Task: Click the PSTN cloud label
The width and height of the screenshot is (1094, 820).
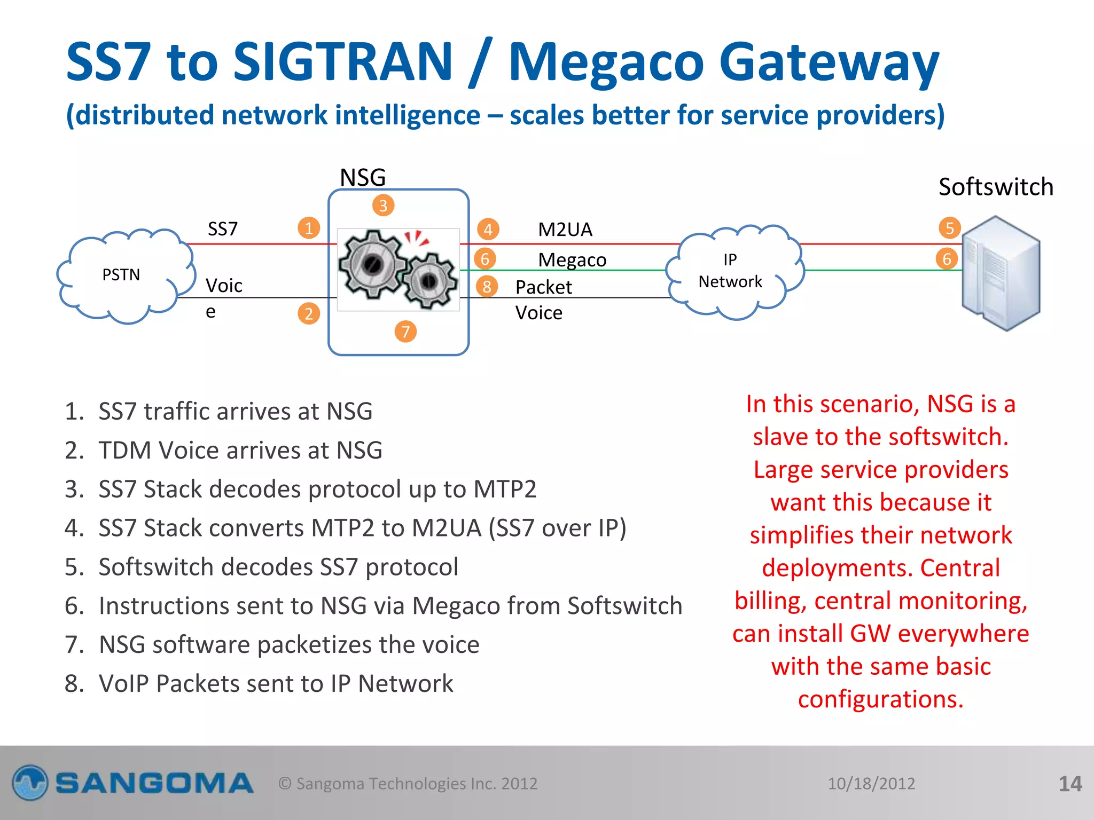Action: coord(121,275)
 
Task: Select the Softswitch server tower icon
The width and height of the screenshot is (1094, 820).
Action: coord(1001,273)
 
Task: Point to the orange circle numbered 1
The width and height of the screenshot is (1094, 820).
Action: coord(309,228)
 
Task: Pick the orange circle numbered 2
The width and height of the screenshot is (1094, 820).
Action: coord(309,314)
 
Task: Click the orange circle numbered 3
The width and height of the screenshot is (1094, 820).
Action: coord(383,206)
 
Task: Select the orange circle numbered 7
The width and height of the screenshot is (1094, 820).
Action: coord(405,332)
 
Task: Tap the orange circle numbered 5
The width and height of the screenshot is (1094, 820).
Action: coord(949,228)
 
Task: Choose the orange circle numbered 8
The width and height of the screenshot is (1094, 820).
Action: coord(487,287)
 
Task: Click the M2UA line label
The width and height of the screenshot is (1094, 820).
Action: coord(565,230)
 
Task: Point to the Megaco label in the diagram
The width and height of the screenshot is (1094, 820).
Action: coord(572,260)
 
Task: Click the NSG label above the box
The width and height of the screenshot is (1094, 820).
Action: coord(363,177)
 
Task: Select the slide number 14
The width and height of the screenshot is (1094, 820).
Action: coord(1070,784)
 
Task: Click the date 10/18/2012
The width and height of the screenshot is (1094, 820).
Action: coord(871,784)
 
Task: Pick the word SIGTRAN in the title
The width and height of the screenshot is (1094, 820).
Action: coord(343,62)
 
